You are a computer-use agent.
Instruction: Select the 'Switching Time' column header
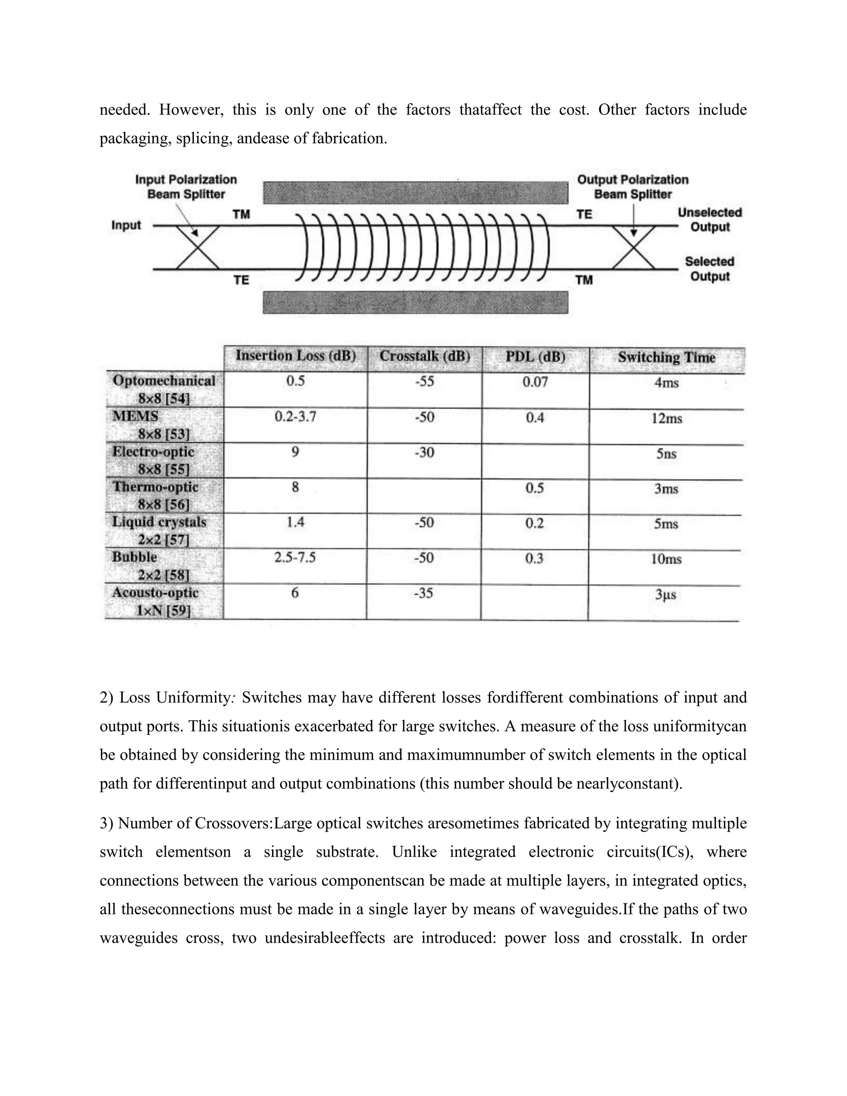[666, 357]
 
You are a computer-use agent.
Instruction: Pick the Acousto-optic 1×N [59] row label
[156, 601]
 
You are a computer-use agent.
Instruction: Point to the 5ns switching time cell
[666, 454]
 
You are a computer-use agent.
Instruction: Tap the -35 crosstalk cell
[423, 593]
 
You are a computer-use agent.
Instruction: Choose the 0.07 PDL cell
[535, 383]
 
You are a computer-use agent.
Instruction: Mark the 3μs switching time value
[666, 595]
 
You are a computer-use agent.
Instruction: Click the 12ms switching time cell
[666, 419]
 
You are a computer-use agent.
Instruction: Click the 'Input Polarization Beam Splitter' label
[186, 187]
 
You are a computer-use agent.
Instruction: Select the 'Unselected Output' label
[710, 219]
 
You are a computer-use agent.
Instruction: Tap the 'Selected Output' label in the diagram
[710, 268]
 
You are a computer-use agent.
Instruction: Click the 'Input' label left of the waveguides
[126, 225]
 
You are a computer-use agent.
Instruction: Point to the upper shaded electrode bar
[416, 193]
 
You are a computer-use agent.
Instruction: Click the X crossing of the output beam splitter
[634, 248]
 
